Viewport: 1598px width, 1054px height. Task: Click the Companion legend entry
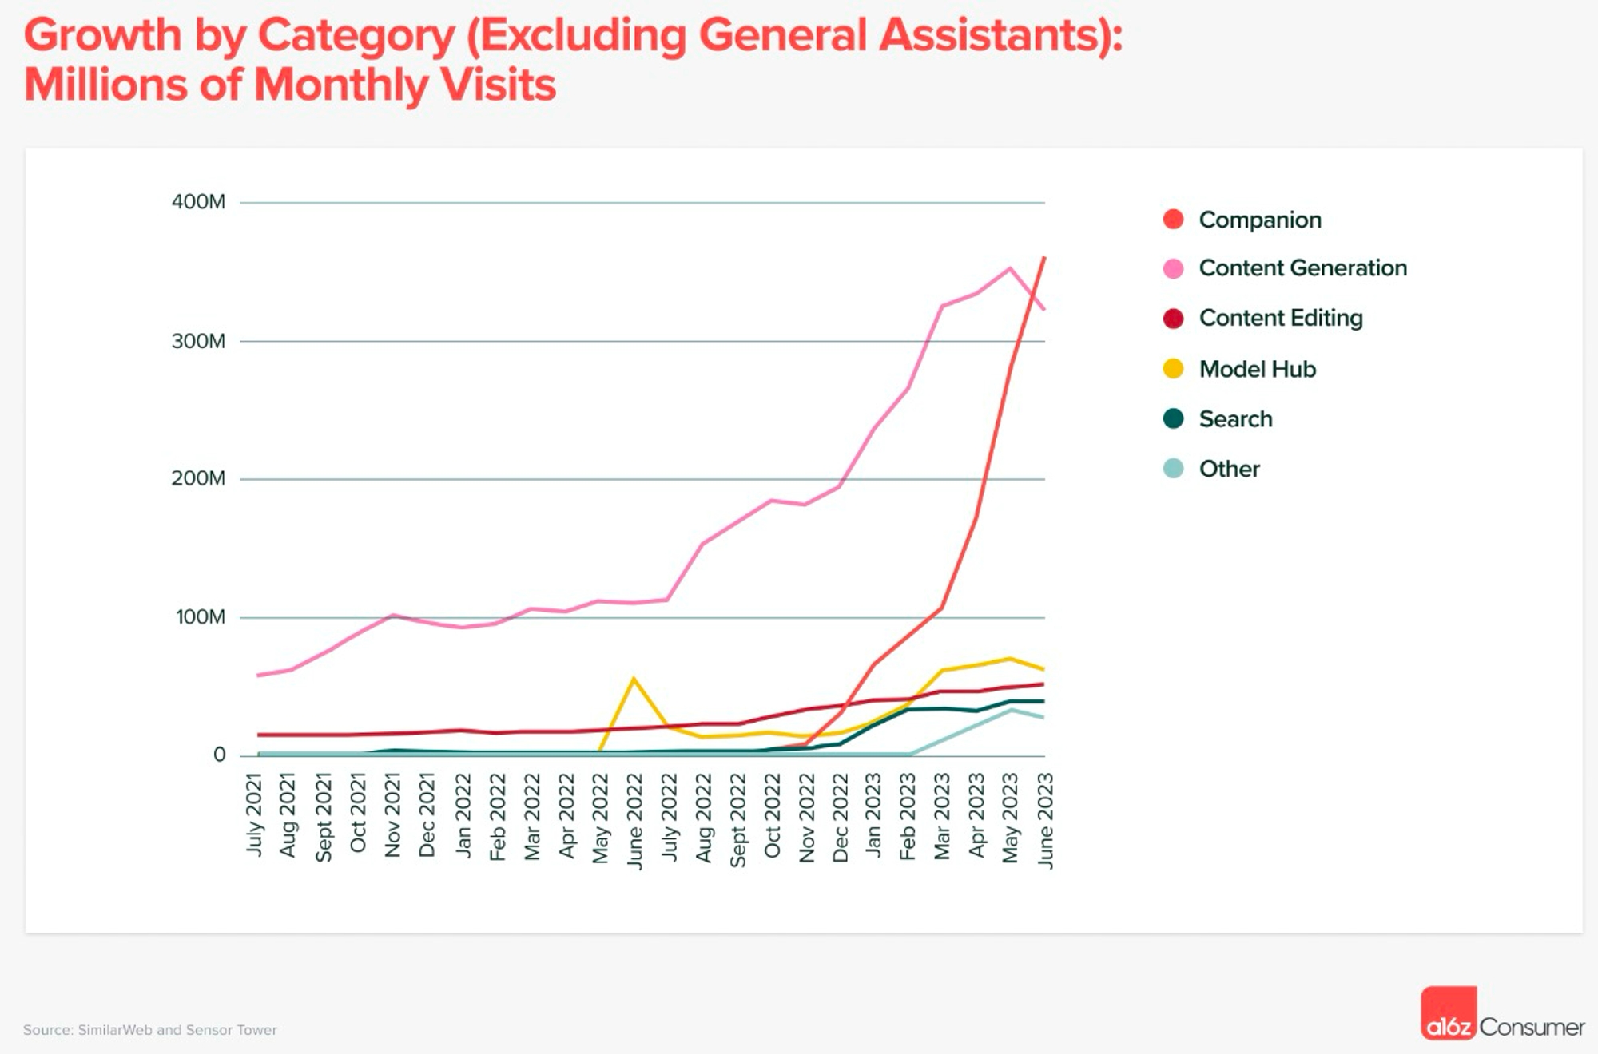tap(1259, 220)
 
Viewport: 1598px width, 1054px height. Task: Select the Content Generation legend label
tap(1302, 268)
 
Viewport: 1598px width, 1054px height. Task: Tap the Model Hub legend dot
tap(1173, 369)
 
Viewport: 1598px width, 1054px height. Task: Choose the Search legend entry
tap(1235, 419)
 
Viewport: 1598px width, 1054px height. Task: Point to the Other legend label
tap(1229, 469)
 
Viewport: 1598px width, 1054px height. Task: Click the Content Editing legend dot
tap(1173, 319)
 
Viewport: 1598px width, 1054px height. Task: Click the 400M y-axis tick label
tap(198, 202)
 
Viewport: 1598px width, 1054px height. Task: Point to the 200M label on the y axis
tap(198, 479)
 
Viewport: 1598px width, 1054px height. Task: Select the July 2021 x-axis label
tap(254, 814)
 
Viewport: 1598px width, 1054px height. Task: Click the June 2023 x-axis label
tap(1045, 820)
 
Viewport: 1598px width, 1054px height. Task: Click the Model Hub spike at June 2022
tap(634, 679)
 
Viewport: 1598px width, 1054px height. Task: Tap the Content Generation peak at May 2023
tap(1010, 268)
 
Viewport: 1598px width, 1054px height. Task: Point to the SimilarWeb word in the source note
tap(114, 1030)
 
